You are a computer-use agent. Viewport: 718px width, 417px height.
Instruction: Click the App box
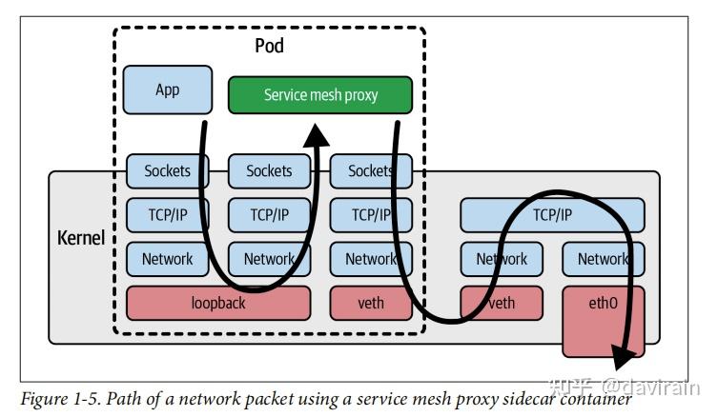[168, 89]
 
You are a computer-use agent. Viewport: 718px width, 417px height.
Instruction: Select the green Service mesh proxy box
[320, 94]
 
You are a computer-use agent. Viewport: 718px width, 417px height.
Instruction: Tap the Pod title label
[269, 46]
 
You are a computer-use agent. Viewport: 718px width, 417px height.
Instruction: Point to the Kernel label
[81, 238]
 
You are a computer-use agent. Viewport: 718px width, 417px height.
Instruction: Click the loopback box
[218, 303]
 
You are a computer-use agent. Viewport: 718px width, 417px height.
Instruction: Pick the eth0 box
[603, 322]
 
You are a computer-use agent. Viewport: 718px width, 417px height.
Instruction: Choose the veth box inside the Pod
[371, 303]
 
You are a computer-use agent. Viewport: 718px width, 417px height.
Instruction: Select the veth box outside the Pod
[502, 303]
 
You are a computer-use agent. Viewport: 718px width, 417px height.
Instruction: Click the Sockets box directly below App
[168, 171]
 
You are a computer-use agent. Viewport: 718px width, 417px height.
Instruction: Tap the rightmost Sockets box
[371, 171]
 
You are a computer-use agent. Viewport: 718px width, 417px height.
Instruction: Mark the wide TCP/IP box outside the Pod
[552, 215]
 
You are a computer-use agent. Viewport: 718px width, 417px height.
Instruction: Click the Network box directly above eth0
[603, 259]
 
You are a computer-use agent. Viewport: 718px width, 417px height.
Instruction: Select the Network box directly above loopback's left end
[168, 259]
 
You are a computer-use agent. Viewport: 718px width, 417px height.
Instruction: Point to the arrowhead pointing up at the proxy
[316, 135]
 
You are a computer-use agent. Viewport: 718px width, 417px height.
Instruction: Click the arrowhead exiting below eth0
[622, 357]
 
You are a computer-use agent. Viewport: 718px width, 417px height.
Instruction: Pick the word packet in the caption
[269, 400]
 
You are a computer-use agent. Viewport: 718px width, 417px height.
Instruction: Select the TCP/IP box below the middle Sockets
[269, 215]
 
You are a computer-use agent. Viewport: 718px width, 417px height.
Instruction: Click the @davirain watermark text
[651, 387]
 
